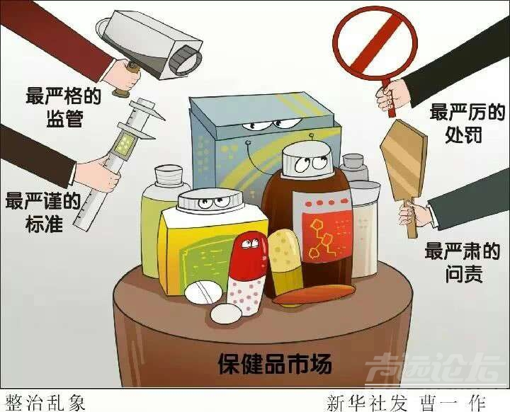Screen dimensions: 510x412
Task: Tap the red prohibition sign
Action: pos(377,45)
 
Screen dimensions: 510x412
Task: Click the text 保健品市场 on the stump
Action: pos(275,364)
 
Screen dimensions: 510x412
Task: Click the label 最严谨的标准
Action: pos(43,212)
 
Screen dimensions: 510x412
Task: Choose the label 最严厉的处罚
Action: pos(467,123)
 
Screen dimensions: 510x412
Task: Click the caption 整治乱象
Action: pos(46,403)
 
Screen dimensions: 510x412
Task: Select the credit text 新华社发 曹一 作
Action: pos(407,404)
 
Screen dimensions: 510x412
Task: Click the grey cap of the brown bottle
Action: pos(307,159)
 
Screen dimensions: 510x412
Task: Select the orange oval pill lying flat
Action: pos(313,294)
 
